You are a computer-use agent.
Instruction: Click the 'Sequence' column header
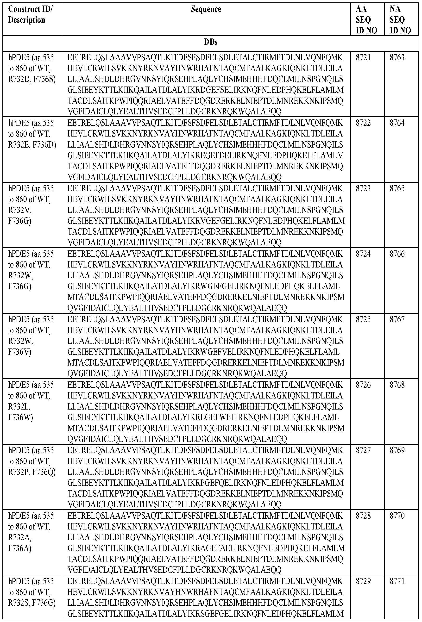206,9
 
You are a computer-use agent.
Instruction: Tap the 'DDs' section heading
211,42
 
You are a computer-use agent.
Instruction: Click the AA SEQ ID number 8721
363,57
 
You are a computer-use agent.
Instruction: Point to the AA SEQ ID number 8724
363,254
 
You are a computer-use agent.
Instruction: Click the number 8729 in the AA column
363,581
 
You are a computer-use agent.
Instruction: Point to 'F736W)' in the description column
20,417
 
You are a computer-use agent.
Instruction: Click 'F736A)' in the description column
19,548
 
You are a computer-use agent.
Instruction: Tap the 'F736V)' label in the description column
19,352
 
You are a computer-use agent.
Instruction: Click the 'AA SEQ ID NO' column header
366,20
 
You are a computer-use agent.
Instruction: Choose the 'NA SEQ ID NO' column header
400,20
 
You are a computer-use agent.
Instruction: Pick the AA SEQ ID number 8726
363,385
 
